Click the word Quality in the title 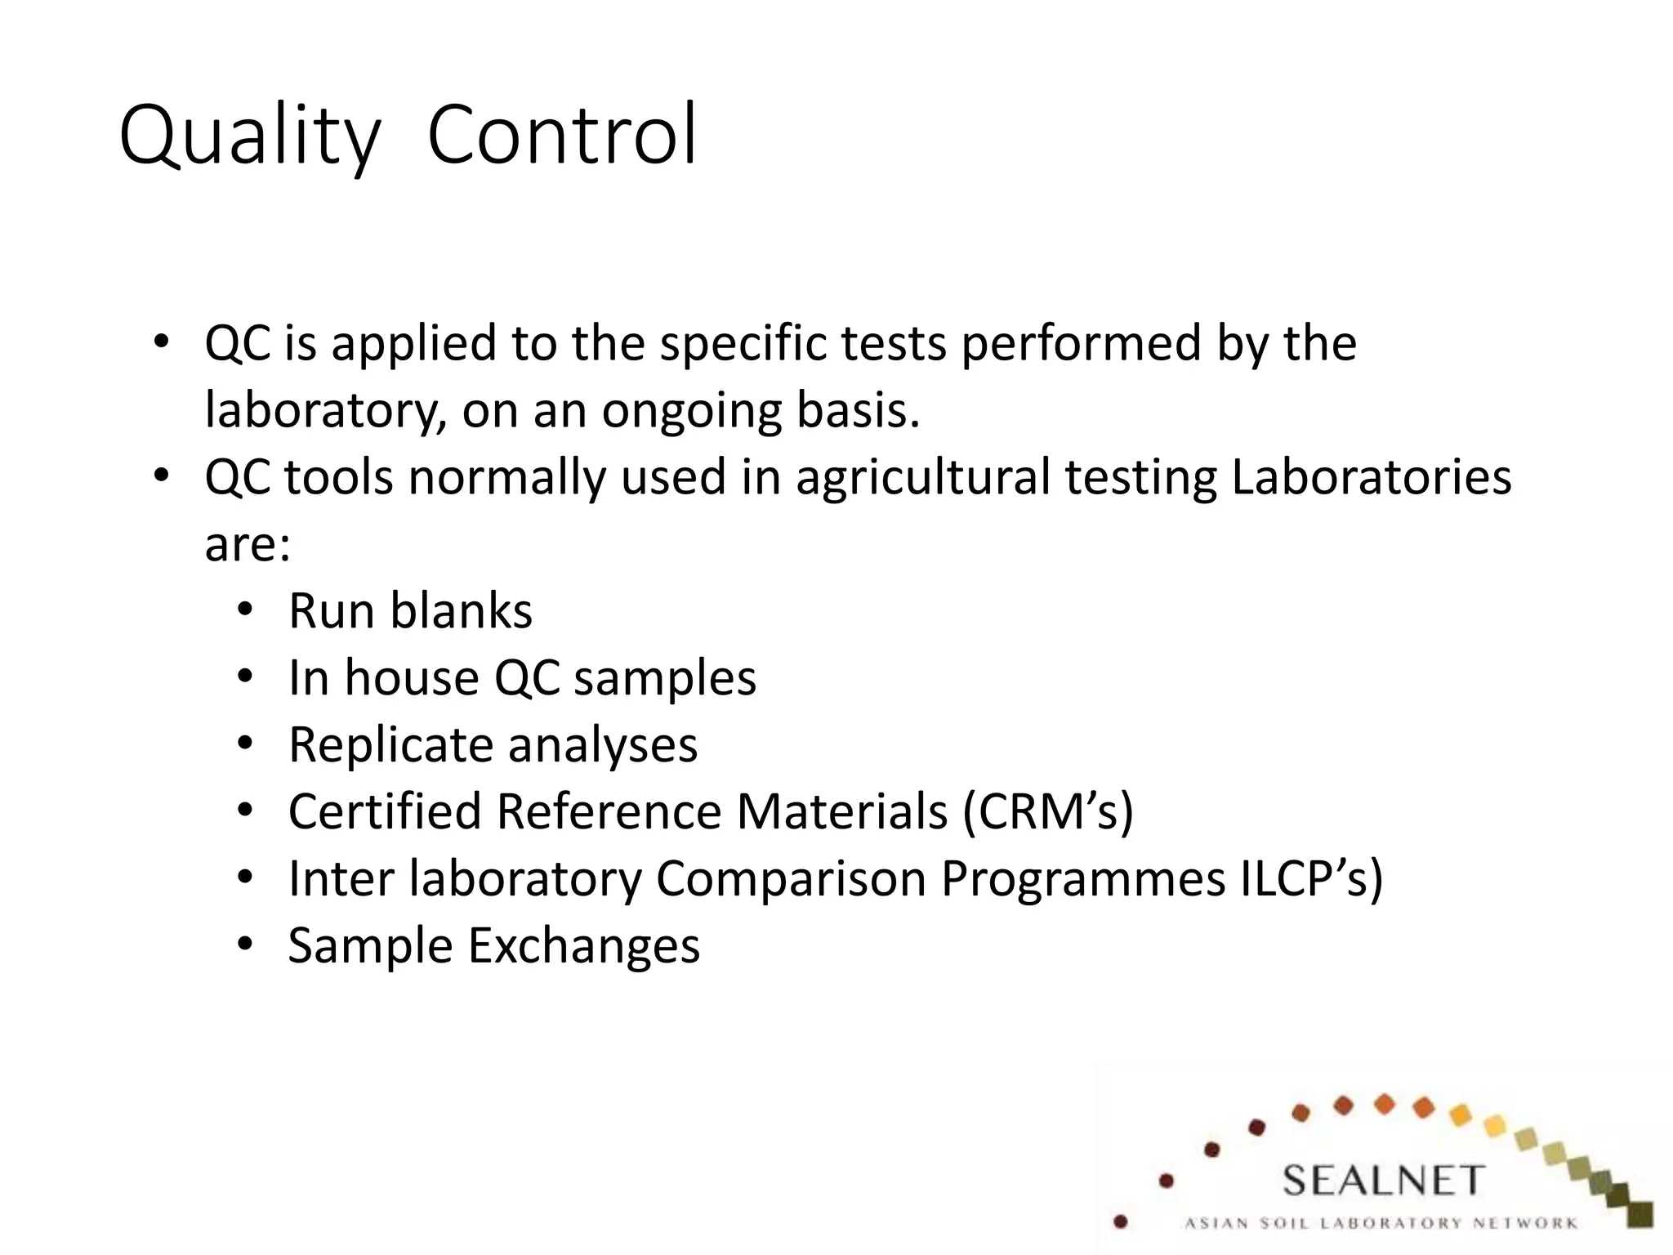pos(249,135)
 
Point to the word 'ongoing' pos(691,411)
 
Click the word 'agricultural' pos(923,477)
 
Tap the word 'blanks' pos(462,610)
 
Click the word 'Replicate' pos(390,745)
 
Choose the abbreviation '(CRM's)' pos(1048,812)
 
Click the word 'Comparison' pos(790,878)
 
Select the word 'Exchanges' pos(583,945)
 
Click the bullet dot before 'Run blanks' pos(245,611)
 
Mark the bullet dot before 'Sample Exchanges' pos(245,945)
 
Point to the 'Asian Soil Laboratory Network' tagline pos(1381,1223)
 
